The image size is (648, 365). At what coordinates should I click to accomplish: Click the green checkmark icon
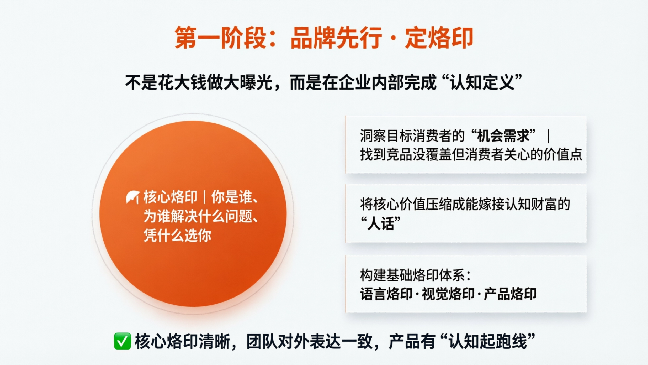(122, 341)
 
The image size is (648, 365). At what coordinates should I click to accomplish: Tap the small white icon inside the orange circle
(133, 197)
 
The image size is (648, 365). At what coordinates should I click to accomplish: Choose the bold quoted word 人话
(381, 224)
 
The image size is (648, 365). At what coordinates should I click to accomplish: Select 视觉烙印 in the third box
(448, 294)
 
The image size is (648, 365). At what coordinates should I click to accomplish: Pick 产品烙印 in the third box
(510, 294)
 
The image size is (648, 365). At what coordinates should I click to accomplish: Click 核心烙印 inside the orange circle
(170, 197)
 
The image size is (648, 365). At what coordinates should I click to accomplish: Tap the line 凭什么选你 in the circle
(177, 235)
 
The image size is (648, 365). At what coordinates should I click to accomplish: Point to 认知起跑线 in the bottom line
(488, 341)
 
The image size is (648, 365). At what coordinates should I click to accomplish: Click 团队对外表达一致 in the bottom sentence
(310, 341)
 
